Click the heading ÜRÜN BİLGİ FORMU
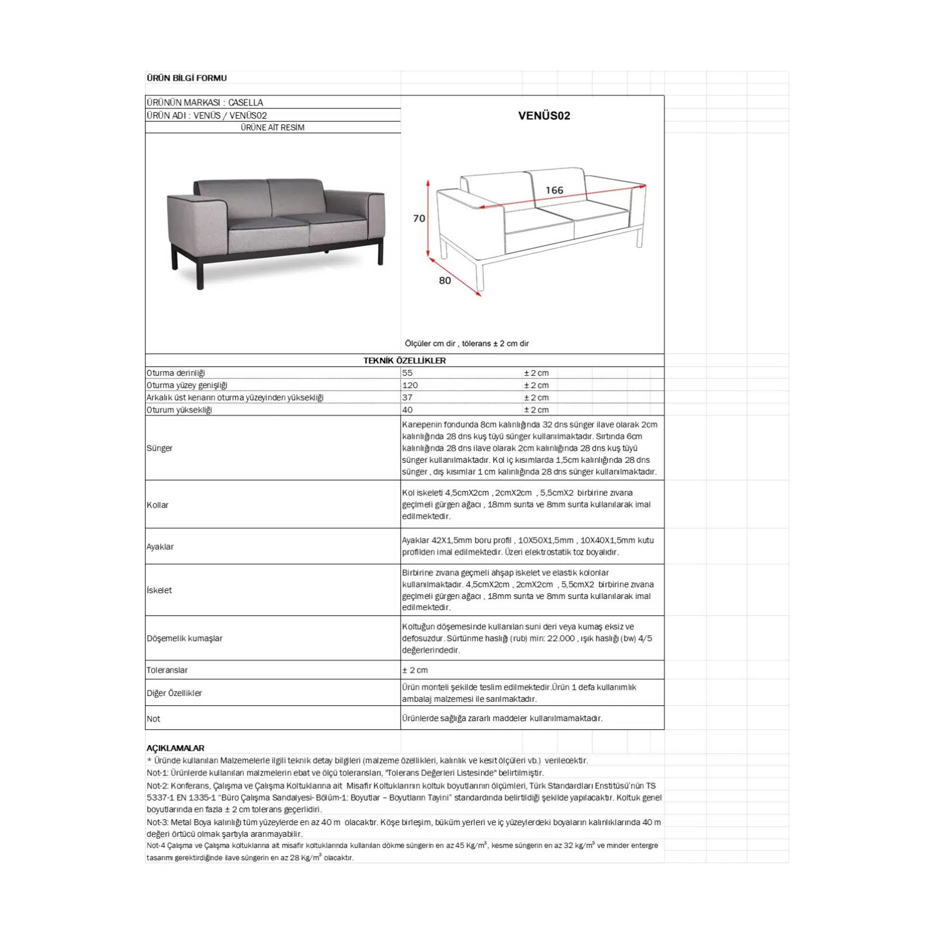(186, 78)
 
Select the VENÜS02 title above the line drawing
(544, 116)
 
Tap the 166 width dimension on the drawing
(554, 191)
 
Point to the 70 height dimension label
(419, 219)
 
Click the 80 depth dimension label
(445, 280)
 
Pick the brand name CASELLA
(245, 102)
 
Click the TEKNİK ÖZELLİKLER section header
(404, 361)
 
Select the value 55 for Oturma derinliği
(407, 373)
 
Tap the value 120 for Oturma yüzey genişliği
(410, 385)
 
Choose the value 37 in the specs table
(407, 397)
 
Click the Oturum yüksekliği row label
(179, 410)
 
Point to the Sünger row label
(160, 448)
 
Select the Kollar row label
(157, 505)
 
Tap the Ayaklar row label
(160, 546)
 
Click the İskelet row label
(160, 590)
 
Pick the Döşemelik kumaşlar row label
(185, 638)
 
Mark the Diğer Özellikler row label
(174, 693)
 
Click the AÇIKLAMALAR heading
(175, 748)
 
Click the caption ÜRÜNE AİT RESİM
(272, 127)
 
